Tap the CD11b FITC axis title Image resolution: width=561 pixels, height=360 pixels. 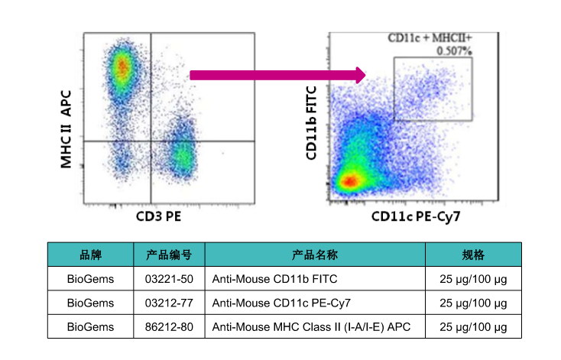(x=311, y=122)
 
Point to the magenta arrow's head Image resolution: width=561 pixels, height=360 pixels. (x=359, y=75)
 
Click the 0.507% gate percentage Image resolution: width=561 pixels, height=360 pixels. (x=455, y=51)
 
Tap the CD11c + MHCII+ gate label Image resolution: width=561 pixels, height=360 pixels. (x=430, y=37)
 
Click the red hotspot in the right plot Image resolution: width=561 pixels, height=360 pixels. (x=349, y=181)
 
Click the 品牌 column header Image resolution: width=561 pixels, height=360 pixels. (x=90, y=255)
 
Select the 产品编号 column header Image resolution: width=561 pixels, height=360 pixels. (x=169, y=255)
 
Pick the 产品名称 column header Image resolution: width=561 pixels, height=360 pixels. (x=315, y=255)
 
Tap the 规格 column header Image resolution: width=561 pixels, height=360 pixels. (x=473, y=255)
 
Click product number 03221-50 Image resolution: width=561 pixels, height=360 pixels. (x=169, y=278)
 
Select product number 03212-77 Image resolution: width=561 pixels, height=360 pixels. (x=169, y=302)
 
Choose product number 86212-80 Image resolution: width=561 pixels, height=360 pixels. (x=169, y=326)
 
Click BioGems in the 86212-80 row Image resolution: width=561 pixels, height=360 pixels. (x=90, y=326)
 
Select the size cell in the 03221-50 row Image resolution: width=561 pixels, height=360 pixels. (x=473, y=278)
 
